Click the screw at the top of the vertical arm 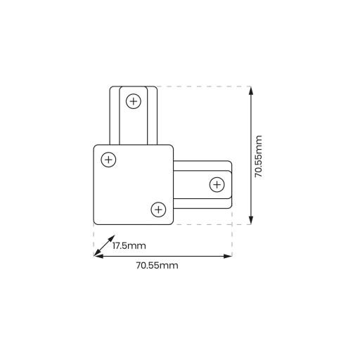pos(134,101)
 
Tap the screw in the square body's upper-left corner pos(108,160)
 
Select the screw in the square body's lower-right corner pos(158,210)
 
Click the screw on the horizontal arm pos(217,185)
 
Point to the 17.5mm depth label pos(129,246)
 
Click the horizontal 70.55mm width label pos(157,266)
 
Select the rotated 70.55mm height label pos(259,156)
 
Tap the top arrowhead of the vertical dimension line pos(251,90)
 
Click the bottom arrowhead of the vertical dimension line pos(251,220)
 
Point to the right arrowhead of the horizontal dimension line pos(228,256)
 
